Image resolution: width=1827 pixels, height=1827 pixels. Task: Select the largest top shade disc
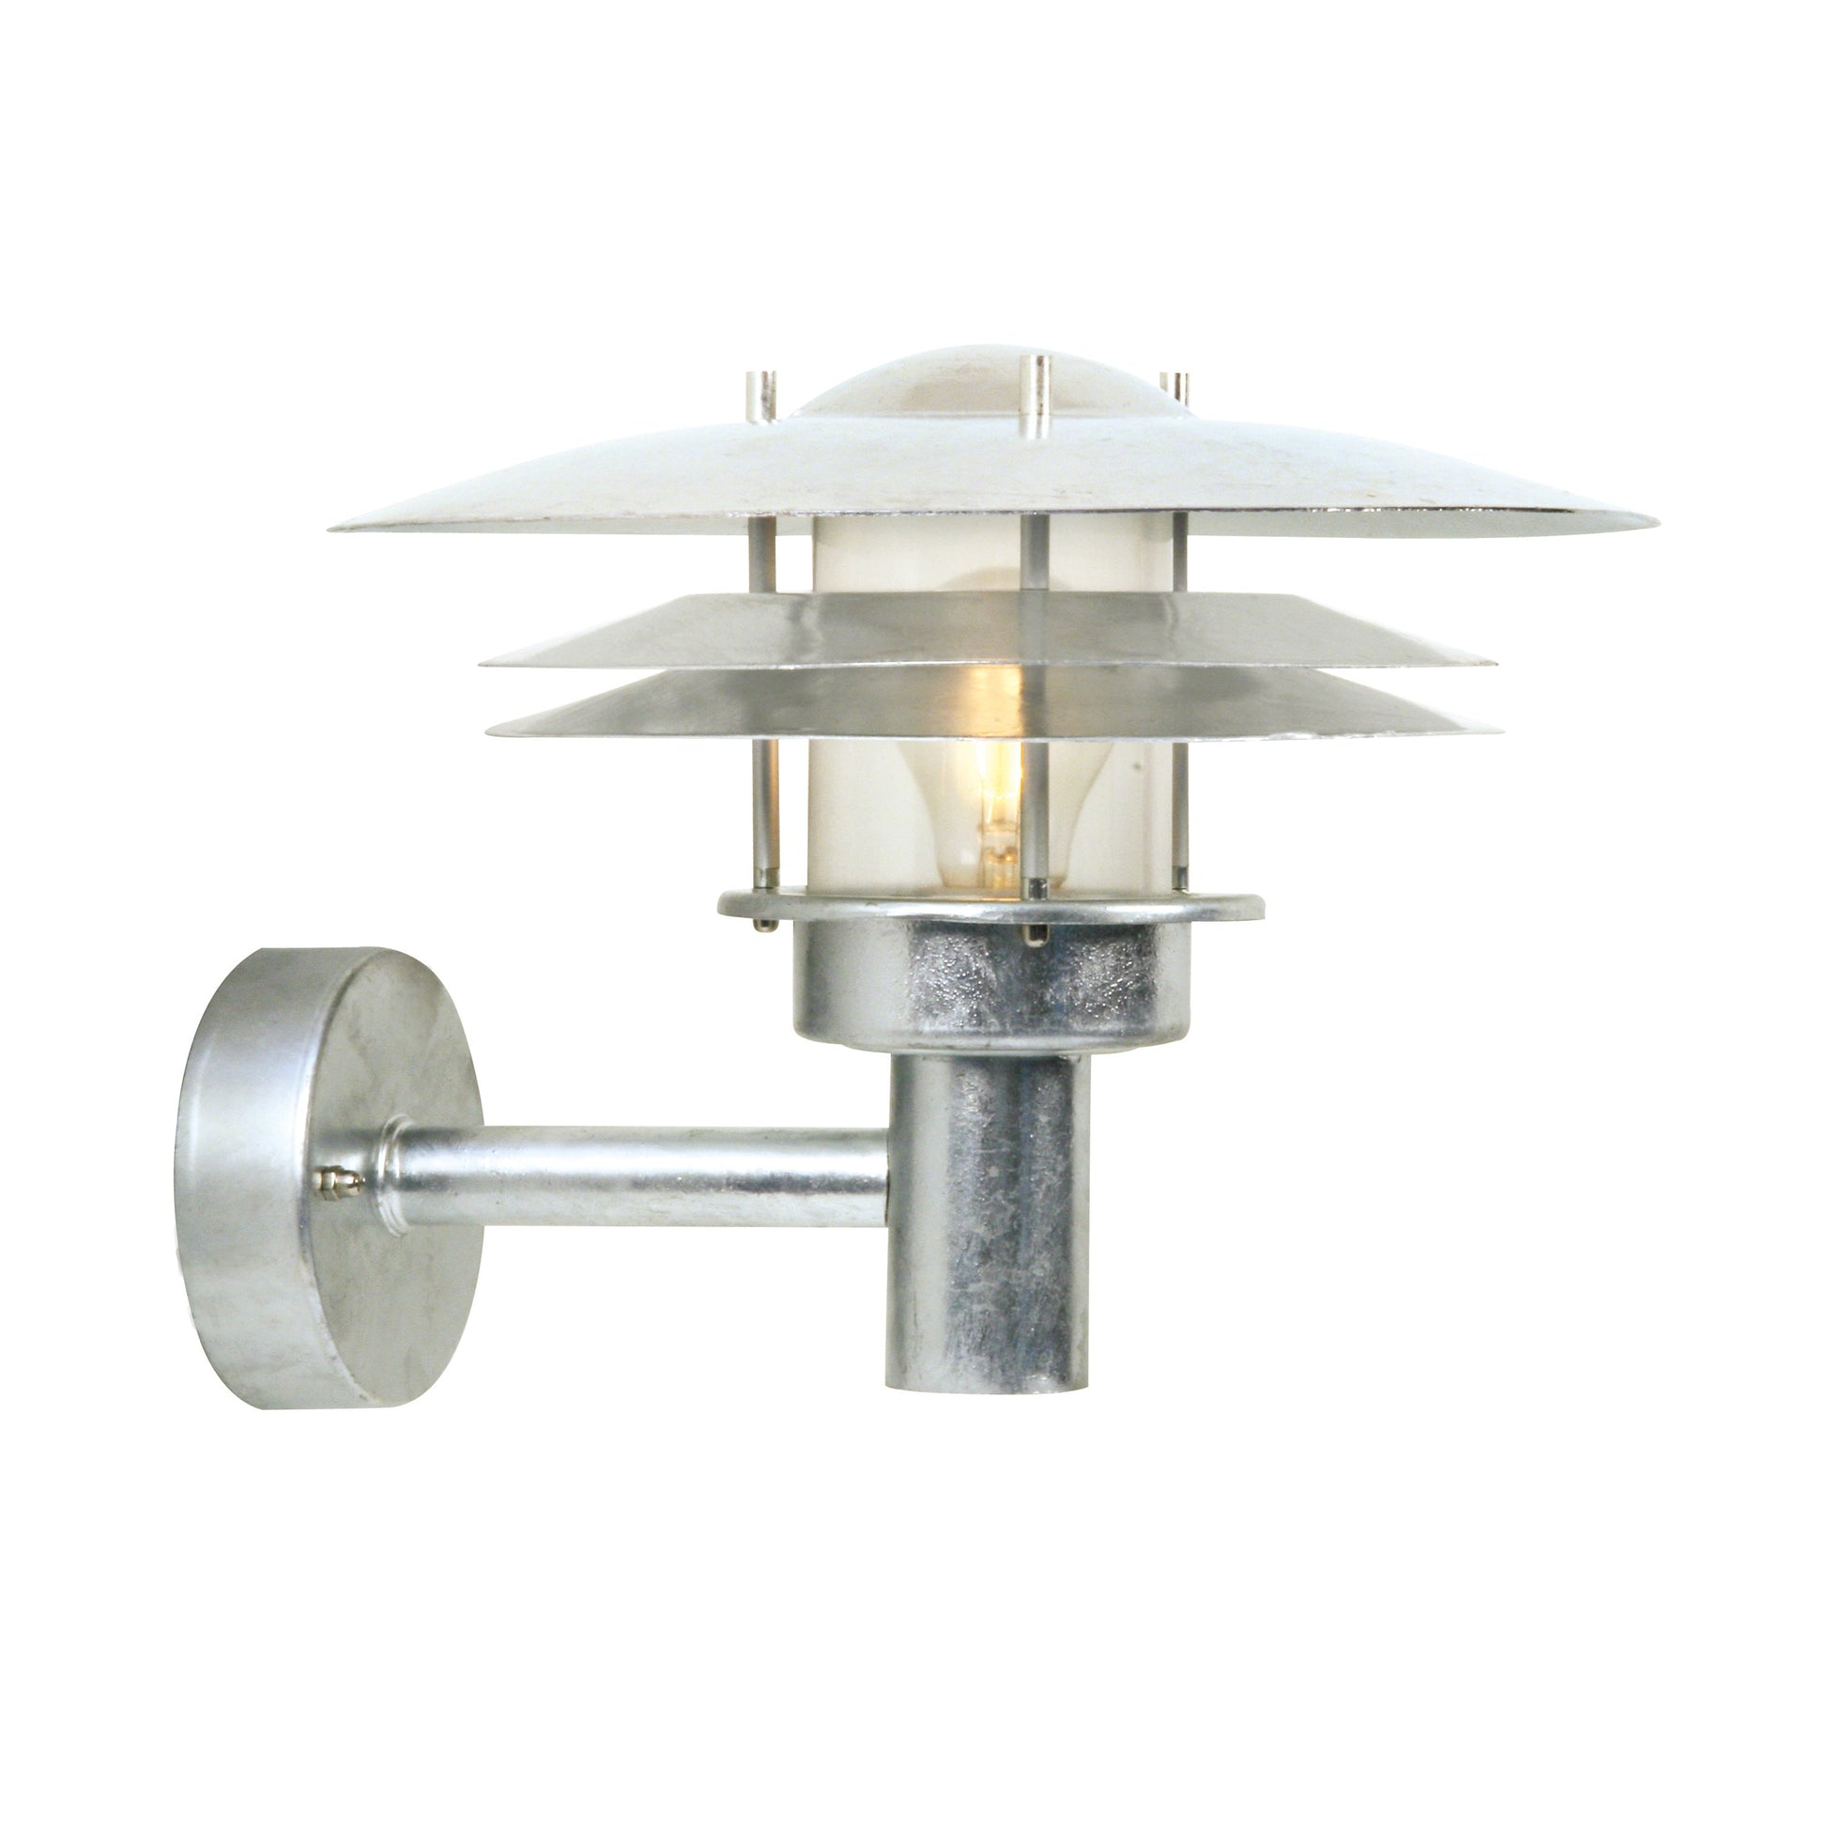(993, 473)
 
